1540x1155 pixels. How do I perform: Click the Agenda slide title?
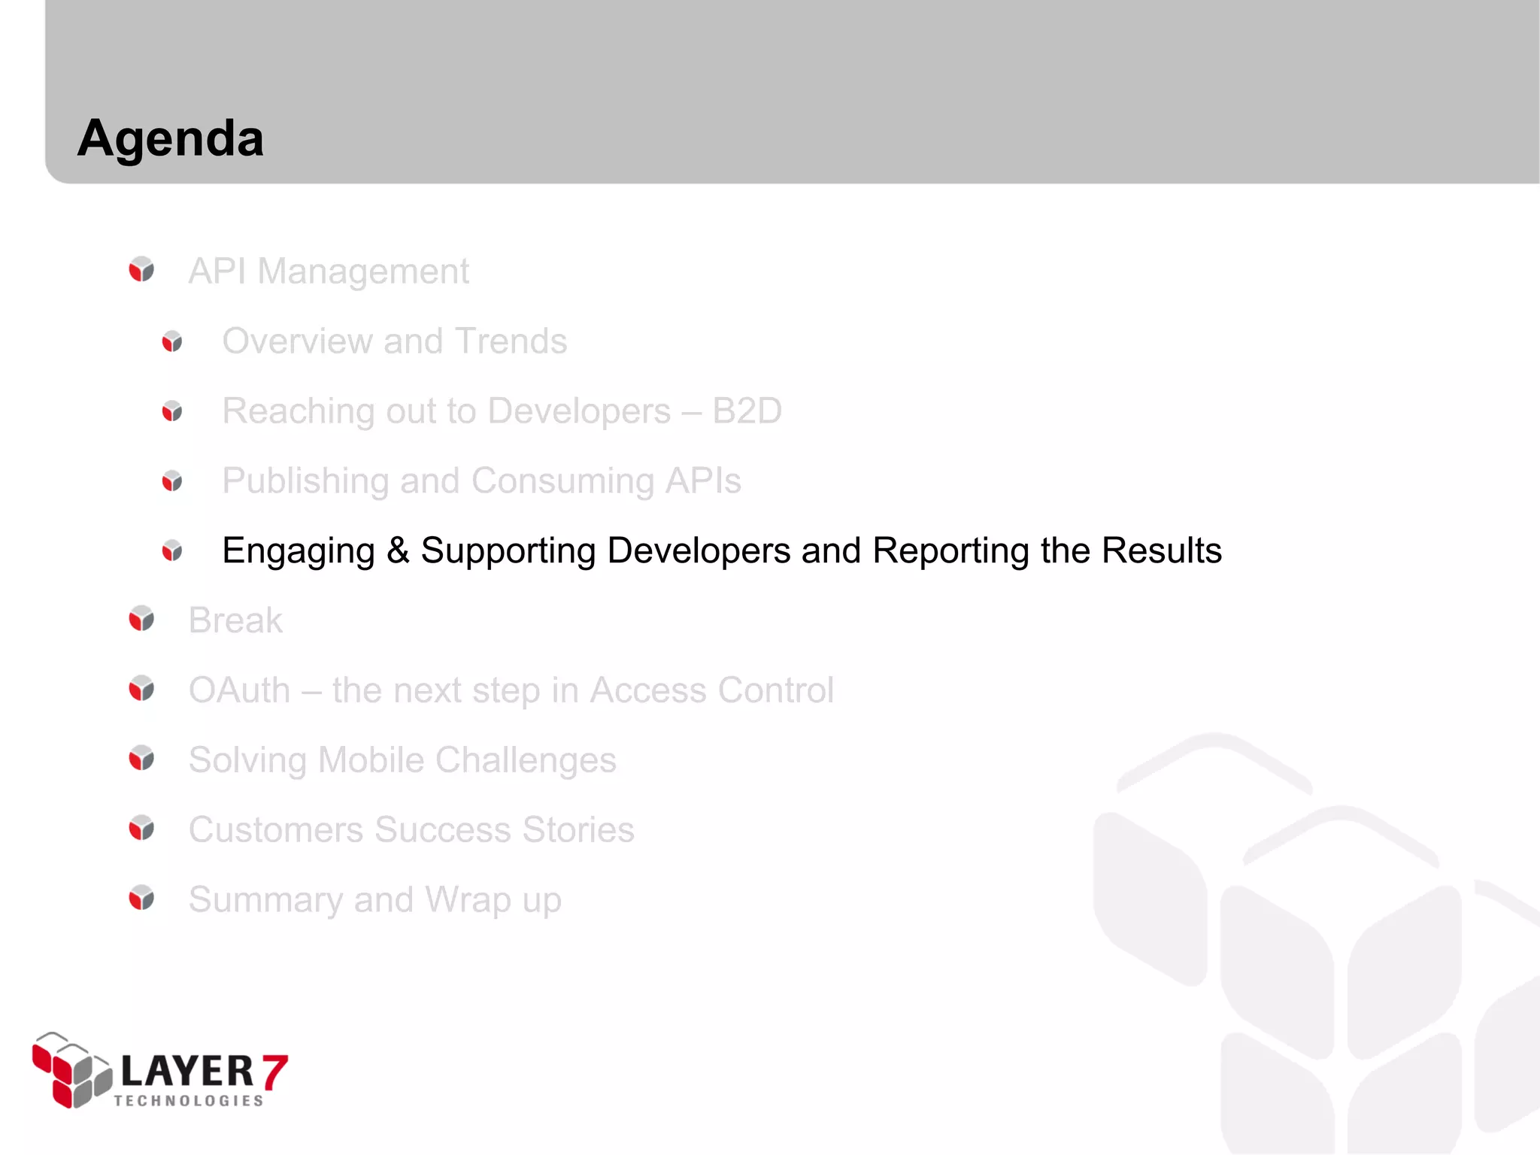tap(171, 139)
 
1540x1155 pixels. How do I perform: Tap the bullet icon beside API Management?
tap(141, 269)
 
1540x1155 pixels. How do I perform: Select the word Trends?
tap(511, 341)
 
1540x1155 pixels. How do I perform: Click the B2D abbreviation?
tap(747, 411)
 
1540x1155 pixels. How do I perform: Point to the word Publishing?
tap(303, 481)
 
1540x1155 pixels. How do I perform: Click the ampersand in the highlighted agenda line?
tap(398, 550)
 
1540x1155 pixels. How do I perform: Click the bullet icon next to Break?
tap(141, 619)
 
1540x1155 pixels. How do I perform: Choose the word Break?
tap(235, 621)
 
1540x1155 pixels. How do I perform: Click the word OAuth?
tap(239, 690)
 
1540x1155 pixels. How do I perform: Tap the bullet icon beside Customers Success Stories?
tap(141, 828)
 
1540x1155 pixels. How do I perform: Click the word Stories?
tap(578, 830)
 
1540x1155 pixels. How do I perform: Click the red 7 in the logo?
tap(274, 1072)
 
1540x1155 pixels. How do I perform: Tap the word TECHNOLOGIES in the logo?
tap(189, 1101)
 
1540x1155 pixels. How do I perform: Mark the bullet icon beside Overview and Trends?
tap(172, 341)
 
